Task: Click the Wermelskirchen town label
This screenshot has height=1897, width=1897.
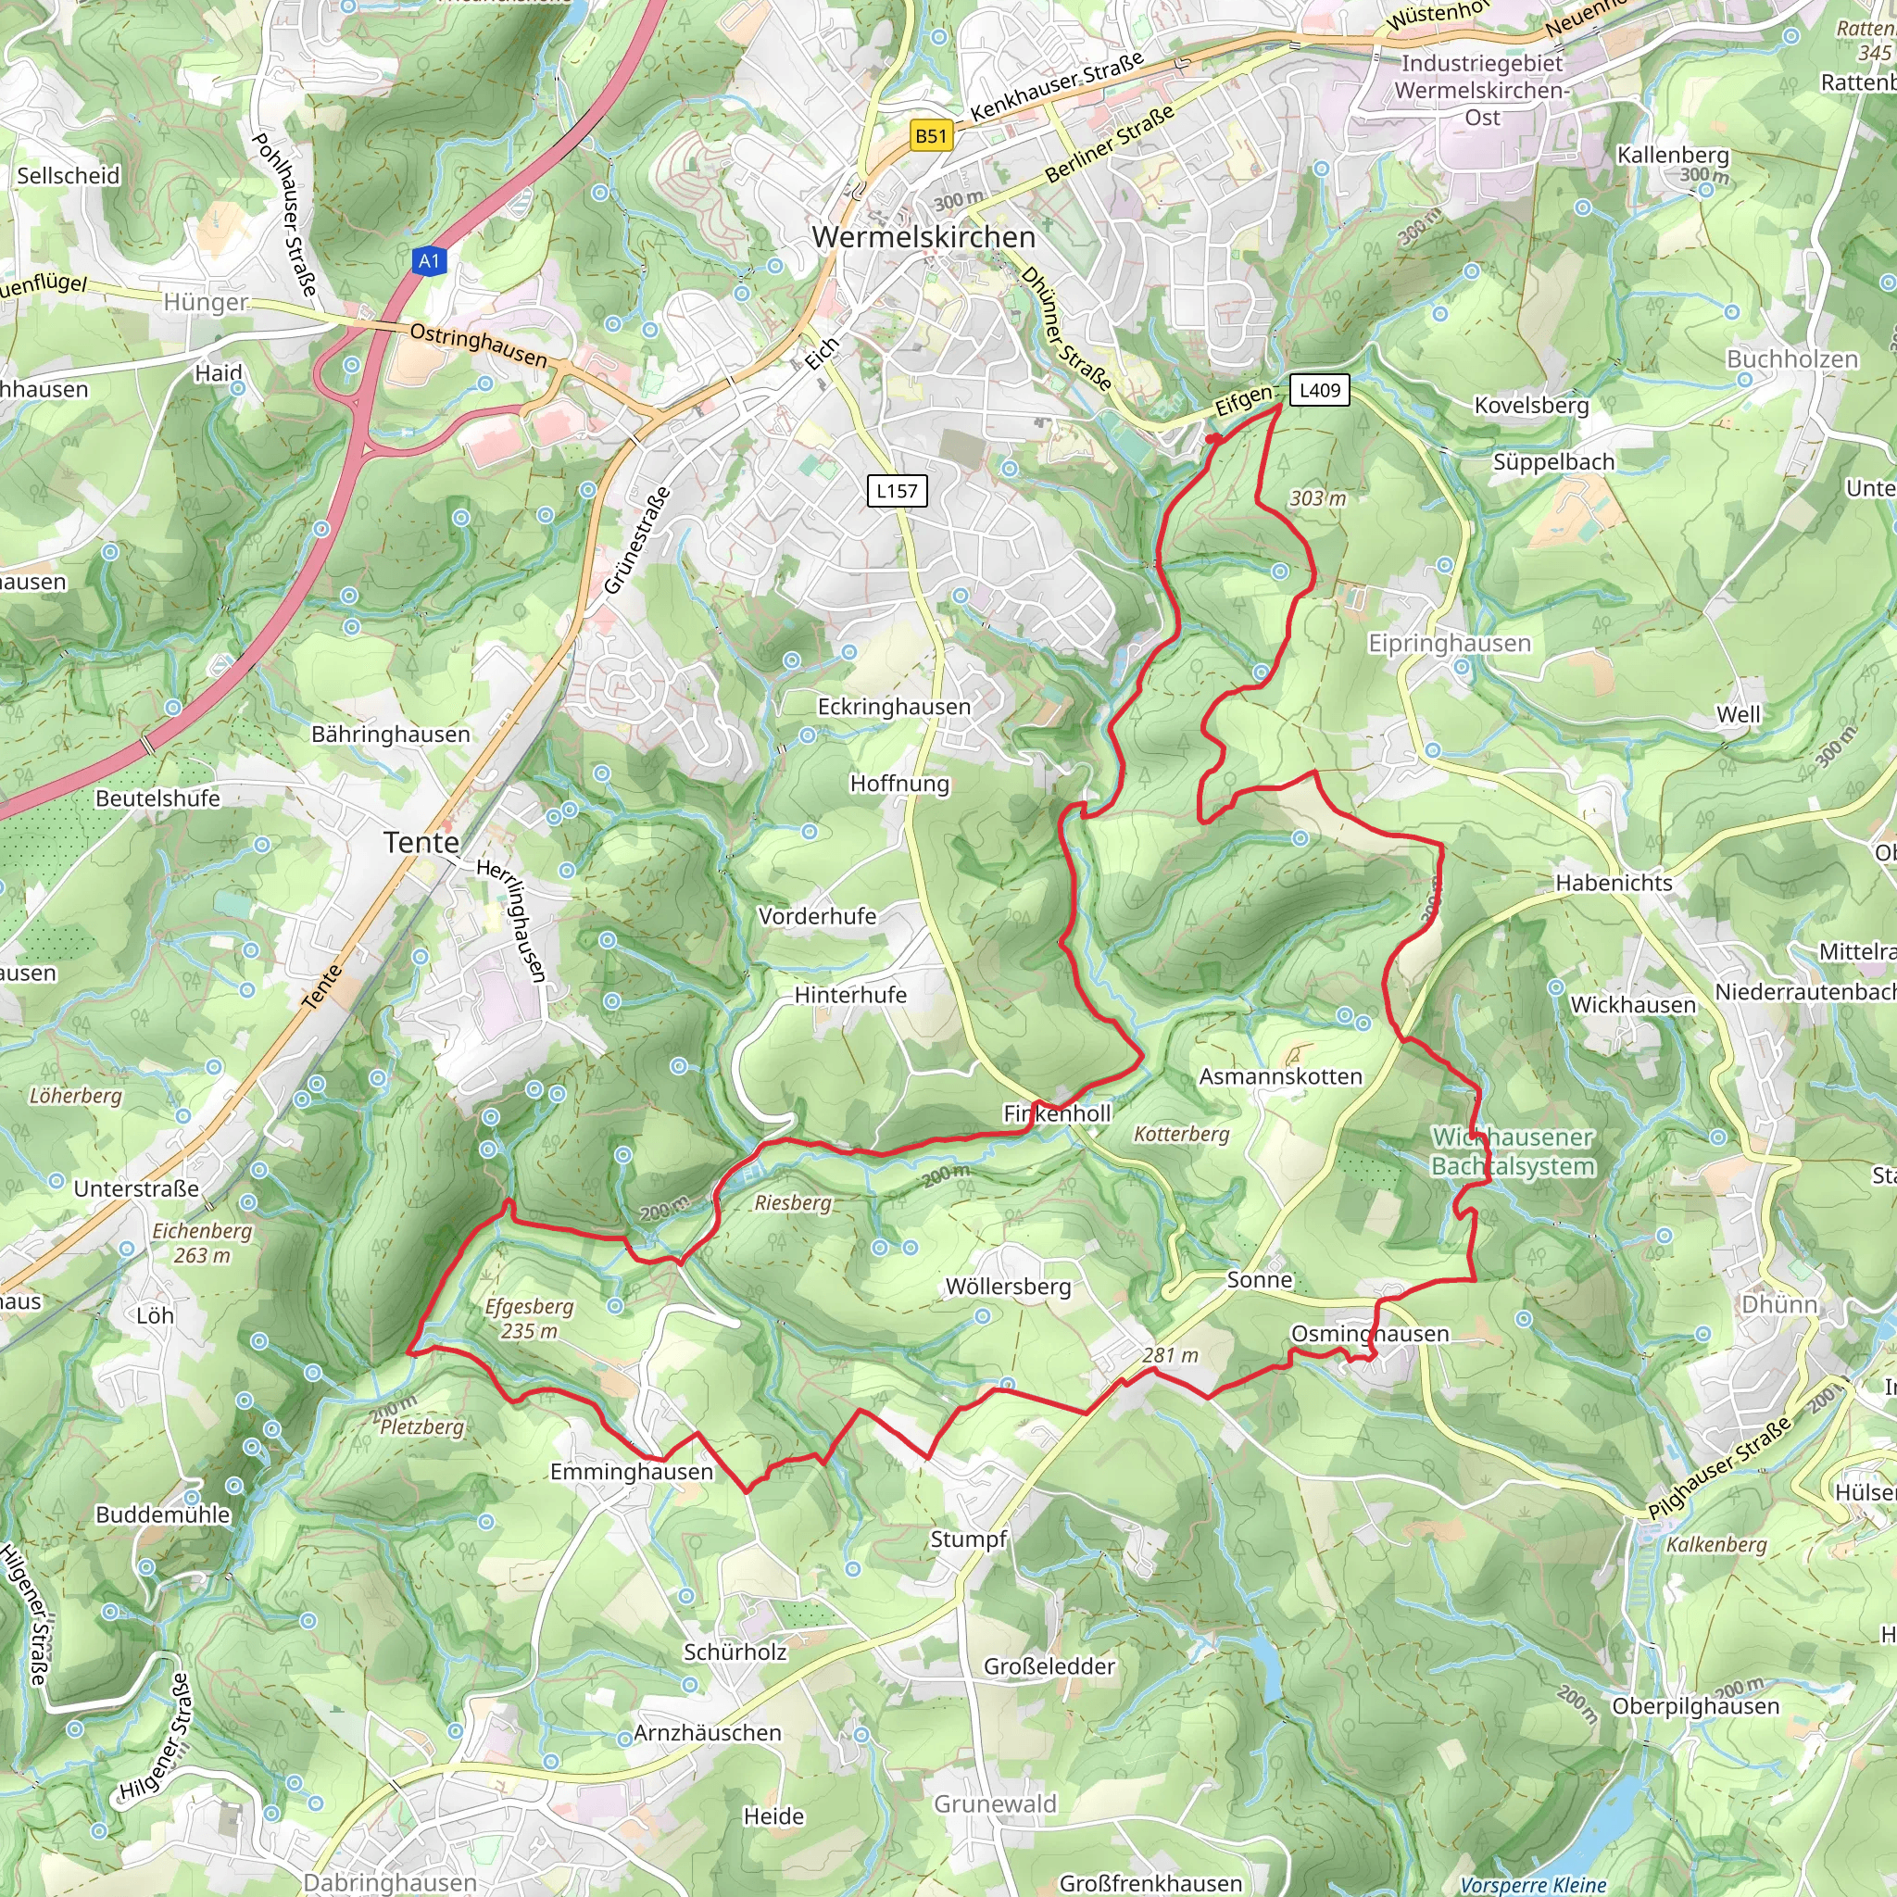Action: click(x=923, y=236)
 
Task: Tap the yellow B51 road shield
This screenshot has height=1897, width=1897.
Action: click(x=930, y=135)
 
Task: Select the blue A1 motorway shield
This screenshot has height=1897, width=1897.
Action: click(x=429, y=260)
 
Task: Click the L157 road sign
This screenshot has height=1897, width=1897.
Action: click(x=897, y=491)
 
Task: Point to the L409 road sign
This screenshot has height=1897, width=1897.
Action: click(x=1319, y=390)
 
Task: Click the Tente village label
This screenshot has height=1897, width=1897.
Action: click(x=421, y=843)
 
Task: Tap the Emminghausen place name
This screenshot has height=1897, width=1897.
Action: click(x=631, y=1471)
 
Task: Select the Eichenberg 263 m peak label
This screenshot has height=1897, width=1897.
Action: click(x=202, y=1242)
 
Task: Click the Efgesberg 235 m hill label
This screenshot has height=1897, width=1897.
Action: click(x=528, y=1318)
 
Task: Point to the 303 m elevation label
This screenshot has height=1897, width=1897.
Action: click(x=1317, y=497)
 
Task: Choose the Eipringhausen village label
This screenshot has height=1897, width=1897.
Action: click(x=1449, y=643)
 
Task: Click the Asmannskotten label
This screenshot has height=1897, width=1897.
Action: click(x=1280, y=1076)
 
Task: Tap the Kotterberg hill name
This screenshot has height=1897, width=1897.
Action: click(x=1181, y=1134)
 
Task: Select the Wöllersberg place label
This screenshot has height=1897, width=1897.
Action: click(x=1008, y=1287)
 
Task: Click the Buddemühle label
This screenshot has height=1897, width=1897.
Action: click(x=163, y=1514)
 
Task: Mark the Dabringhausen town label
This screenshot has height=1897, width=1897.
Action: click(x=390, y=1881)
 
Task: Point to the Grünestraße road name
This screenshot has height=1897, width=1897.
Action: click(x=636, y=540)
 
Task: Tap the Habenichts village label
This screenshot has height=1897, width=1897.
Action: click(x=1614, y=883)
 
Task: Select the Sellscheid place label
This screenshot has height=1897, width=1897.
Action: click(x=68, y=176)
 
